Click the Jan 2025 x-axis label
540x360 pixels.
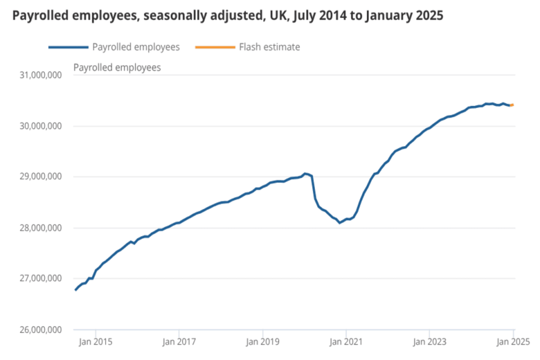[512, 341]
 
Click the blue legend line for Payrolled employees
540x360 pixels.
[68, 47]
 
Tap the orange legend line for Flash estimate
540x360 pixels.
[215, 47]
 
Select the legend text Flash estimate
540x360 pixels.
[269, 47]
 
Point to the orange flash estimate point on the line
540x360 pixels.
[512, 105]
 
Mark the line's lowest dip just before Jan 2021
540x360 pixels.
[339, 223]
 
